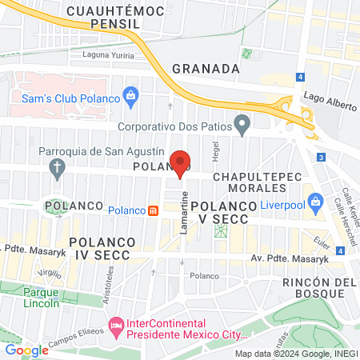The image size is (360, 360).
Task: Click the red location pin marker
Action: click(x=181, y=163)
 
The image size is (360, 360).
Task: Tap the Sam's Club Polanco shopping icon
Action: click(x=130, y=98)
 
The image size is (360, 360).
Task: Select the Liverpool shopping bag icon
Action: click(x=316, y=200)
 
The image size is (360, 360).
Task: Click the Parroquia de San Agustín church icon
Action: click(x=56, y=167)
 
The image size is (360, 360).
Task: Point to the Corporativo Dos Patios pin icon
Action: click(x=242, y=125)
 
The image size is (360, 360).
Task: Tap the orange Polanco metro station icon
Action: click(x=154, y=210)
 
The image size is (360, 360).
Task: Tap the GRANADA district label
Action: click(x=206, y=69)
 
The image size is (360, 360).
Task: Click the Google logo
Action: click(x=26, y=350)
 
